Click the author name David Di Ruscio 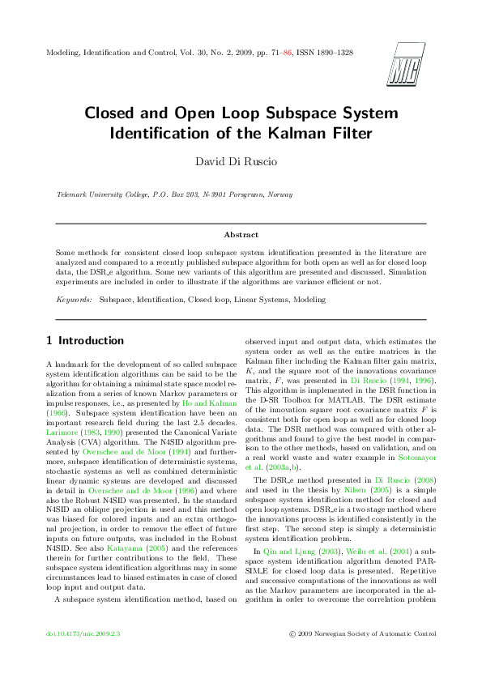(x=241, y=161)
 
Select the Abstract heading (x=241, y=235)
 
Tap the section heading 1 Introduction (x=85, y=340)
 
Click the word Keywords (x=74, y=299)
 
